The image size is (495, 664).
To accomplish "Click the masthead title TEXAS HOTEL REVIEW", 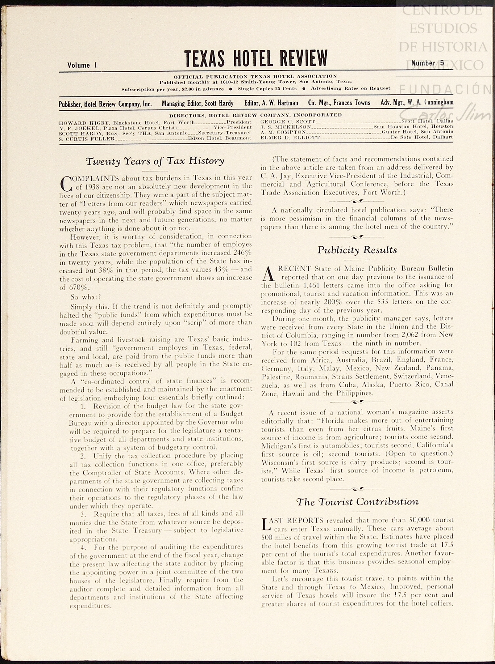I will click(x=256, y=58).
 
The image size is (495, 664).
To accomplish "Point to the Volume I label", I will click(x=82, y=65).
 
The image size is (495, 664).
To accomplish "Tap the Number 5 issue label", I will click(x=427, y=63).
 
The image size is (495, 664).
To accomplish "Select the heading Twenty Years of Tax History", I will click(x=155, y=161).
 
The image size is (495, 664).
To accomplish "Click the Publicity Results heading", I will click(x=357, y=250).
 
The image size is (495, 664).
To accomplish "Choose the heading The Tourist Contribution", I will click(x=357, y=501).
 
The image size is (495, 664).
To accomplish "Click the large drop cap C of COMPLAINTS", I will click(x=66, y=183).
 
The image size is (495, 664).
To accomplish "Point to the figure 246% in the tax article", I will click(x=242, y=253).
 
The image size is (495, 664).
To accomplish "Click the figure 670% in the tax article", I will click(x=79, y=287).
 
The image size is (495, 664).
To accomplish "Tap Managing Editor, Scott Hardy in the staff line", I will click(x=198, y=103).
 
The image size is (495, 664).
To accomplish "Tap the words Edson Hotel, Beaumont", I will click(x=219, y=138).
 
